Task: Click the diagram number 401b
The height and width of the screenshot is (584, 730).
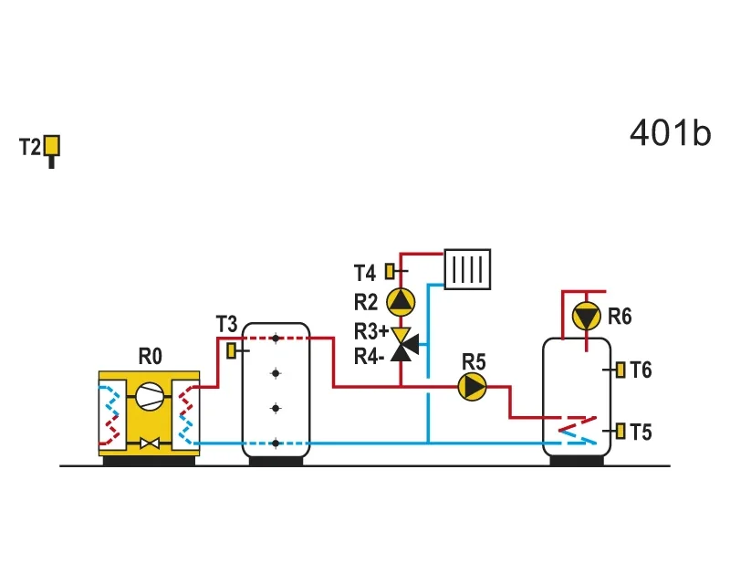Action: click(x=670, y=133)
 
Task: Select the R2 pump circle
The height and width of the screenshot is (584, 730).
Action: click(x=401, y=302)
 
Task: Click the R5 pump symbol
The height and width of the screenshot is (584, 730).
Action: click(x=472, y=387)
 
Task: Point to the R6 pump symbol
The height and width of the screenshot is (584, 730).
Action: click(x=586, y=317)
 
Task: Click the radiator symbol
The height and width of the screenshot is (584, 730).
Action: click(x=467, y=269)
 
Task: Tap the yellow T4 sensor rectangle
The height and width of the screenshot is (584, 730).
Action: click(x=390, y=272)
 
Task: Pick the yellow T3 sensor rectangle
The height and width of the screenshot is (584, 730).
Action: click(x=231, y=350)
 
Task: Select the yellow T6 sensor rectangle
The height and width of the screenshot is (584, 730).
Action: click(x=620, y=370)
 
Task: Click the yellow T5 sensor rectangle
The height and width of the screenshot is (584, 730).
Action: click(x=620, y=432)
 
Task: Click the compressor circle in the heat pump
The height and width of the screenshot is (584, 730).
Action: click(x=150, y=396)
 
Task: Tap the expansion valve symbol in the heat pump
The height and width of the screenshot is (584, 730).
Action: click(x=150, y=443)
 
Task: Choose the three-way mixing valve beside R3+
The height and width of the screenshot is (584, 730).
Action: click(x=404, y=345)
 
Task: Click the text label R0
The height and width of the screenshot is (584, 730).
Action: click(x=150, y=357)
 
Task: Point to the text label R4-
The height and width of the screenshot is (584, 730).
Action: click(x=370, y=357)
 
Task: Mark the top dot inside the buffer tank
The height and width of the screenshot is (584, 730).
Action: click(x=276, y=339)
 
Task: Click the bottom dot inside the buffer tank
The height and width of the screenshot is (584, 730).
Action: click(x=276, y=443)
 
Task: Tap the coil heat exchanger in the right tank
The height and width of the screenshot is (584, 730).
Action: click(x=578, y=430)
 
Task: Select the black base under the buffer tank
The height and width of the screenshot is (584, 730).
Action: click(x=276, y=461)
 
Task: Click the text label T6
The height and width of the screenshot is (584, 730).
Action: click(x=641, y=370)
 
